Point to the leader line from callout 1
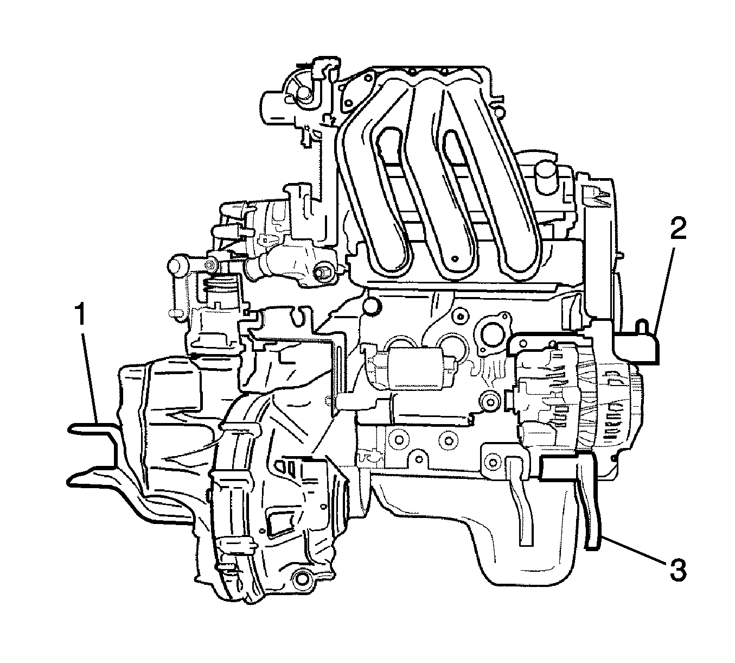tap(91, 378)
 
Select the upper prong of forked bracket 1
tap(93, 427)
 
